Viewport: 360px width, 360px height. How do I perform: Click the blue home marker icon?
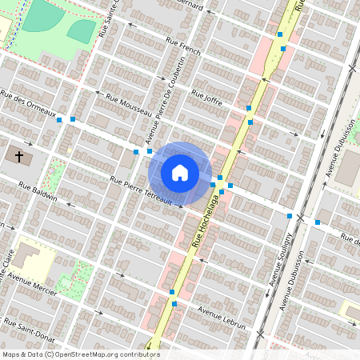pos(180,172)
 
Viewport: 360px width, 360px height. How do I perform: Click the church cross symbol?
pos(18,155)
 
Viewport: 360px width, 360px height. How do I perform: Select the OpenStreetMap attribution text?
pos(81,354)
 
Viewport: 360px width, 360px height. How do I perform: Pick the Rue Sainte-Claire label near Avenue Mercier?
pos(7,277)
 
